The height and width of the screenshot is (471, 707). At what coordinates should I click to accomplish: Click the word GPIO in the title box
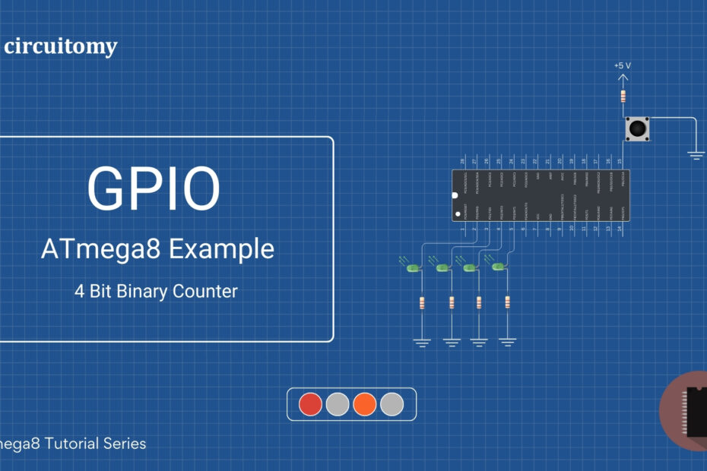pyautogui.click(x=154, y=188)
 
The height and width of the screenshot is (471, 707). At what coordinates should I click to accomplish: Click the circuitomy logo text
pyautogui.click(x=61, y=47)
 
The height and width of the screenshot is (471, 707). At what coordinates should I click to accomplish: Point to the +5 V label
pyautogui.click(x=623, y=66)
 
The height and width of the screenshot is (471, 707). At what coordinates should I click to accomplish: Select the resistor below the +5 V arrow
pyautogui.click(x=623, y=96)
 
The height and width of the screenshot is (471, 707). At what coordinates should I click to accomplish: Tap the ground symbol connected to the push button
pyautogui.click(x=696, y=155)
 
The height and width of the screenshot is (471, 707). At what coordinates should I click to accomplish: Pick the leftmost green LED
pyautogui.click(x=413, y=268)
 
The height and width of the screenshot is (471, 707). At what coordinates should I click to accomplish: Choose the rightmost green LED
pyautogui.click(x=499, y=267)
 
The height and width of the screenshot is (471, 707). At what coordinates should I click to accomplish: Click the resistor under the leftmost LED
pyautogui.click(x=423, y=304)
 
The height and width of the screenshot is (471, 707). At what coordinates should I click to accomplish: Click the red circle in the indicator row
pyautogui.click(x=310, y=404)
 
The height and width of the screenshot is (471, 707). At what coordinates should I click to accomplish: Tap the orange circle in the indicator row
pyautogui.click(x=365, y=404)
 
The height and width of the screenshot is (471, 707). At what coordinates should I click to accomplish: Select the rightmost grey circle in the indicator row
pyautogui.click(x=392, y=404)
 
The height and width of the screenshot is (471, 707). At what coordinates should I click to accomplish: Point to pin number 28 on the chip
pyautogui.click(x=463, y=161)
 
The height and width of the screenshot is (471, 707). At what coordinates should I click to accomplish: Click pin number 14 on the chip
pyautogui.click(x=620, y=228)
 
